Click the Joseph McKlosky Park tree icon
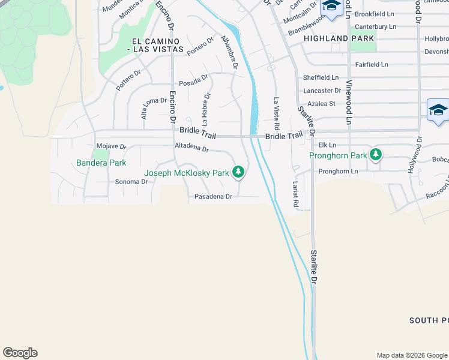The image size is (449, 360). [x=239, y=173]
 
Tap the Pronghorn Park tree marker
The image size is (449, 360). [x=376, y=155]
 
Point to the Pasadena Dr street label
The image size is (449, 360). [x=213, y=196]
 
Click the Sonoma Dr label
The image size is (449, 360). [x=131, y=182]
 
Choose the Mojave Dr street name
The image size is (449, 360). [x=112, y=146]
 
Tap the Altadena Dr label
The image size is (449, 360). [x=191, y=148]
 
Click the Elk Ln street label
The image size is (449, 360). [x=327, y=145]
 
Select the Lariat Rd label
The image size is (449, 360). [x=295, y=194]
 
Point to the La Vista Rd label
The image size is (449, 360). [x=277, y=114]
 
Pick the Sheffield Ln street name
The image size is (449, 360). [x=321, y=78]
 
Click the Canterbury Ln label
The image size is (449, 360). [x=376, y=26]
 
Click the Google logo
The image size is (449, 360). [x=20, y=353]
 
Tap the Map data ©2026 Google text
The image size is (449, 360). [x=411, y=355]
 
